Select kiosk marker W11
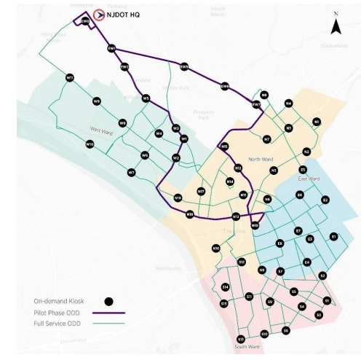(x=70, y=77)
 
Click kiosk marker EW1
(x=111, y=49)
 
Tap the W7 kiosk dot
(x=132, y=172)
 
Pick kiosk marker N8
(x=264, y=95)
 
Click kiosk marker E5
(x=302, y=169)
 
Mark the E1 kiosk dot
(x=334, y=237)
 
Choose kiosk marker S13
(x=241, y=339)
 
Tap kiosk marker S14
(x=225, y=287)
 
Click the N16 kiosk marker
(x=216, y=249)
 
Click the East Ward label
(x=309, y=179)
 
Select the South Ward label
(x=247, y=347)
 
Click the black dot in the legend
(x=109, y=300)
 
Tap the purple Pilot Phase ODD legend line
(x=109, y=312)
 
